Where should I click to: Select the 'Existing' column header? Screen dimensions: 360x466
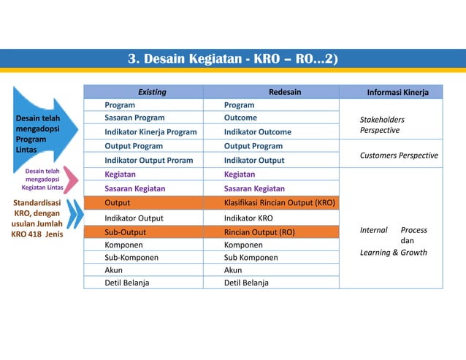tap(152, 92)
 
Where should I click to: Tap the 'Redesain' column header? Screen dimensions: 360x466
tap(284, 92)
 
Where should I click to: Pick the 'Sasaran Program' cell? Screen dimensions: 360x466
tap(134, 118)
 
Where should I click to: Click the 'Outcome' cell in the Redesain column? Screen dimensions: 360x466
tap(240, 118)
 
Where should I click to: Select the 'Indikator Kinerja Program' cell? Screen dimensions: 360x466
tap(150, 132)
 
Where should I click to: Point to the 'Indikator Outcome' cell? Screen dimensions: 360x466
tap(257, 132)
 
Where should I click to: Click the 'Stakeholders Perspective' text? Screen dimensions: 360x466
tap(382, 125)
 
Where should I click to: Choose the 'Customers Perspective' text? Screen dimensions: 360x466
tap(399, 156)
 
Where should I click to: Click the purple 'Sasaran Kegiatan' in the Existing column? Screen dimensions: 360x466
tap(134, 188)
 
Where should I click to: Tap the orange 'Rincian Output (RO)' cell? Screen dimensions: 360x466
tap(259, 232)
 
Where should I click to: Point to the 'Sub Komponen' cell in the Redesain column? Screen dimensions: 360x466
tap(250, 258)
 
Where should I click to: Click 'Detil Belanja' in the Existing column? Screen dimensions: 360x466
tap(127, 283)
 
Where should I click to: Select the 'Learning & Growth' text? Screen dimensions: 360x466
tap(394, 253)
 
